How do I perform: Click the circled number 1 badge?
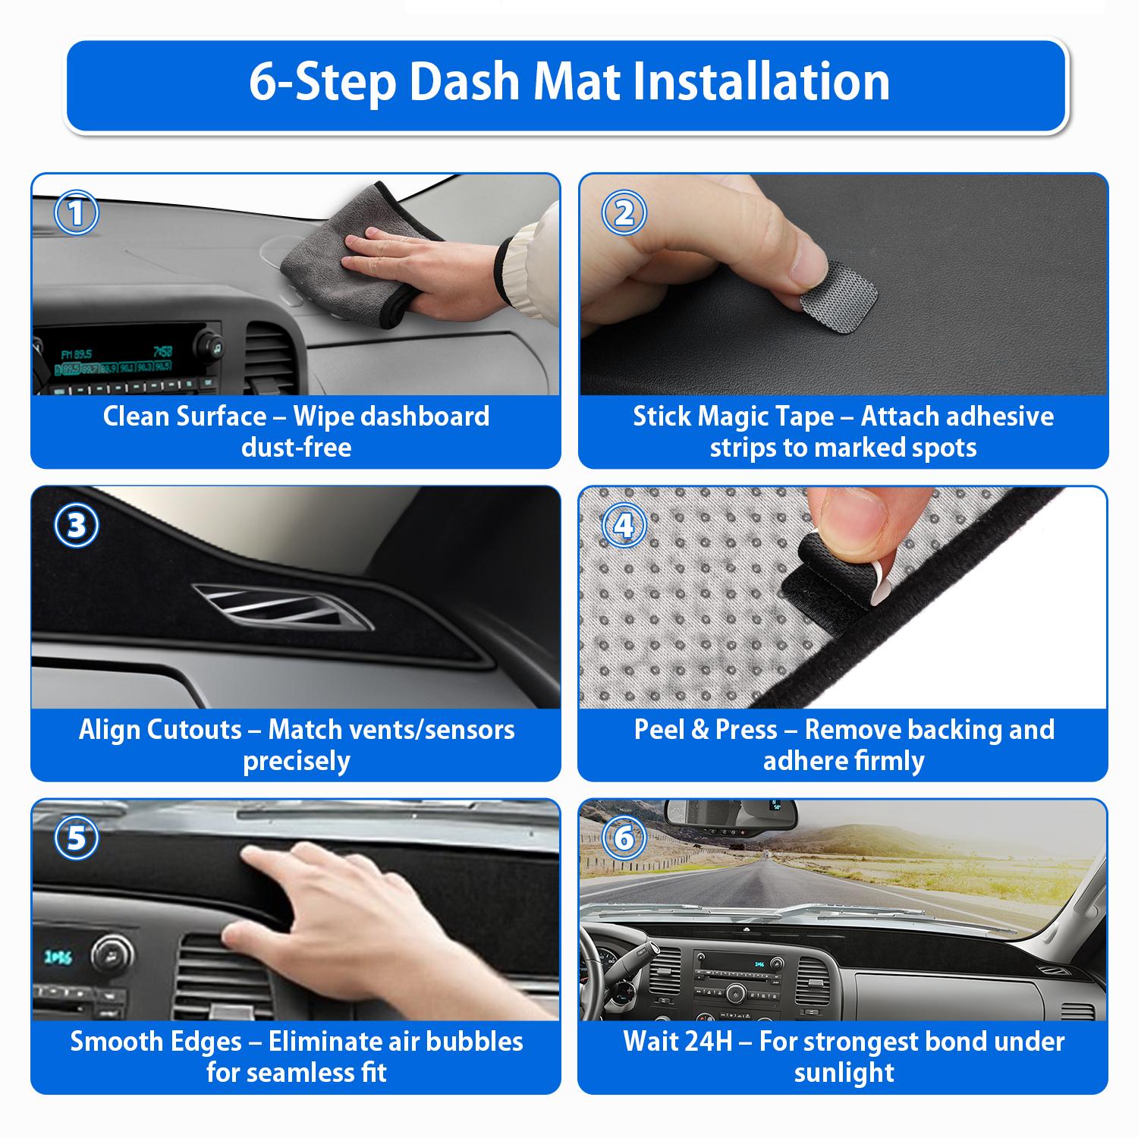(x=77, y=214)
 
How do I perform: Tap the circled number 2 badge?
(x=624, y=214)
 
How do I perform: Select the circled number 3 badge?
(x=77, y=526)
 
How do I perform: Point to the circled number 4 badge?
(x=624, y=526)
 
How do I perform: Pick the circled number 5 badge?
(x=77, y=839)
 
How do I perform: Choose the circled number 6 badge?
(x=624, y=839)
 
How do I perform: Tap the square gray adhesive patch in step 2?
(x=838, y=289)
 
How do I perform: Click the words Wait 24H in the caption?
(x=677, y=1042)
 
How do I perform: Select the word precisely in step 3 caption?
(x=296, y=761)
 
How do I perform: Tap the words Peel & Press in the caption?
(x=706, y=730)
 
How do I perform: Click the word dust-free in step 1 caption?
(x=296, y=448)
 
